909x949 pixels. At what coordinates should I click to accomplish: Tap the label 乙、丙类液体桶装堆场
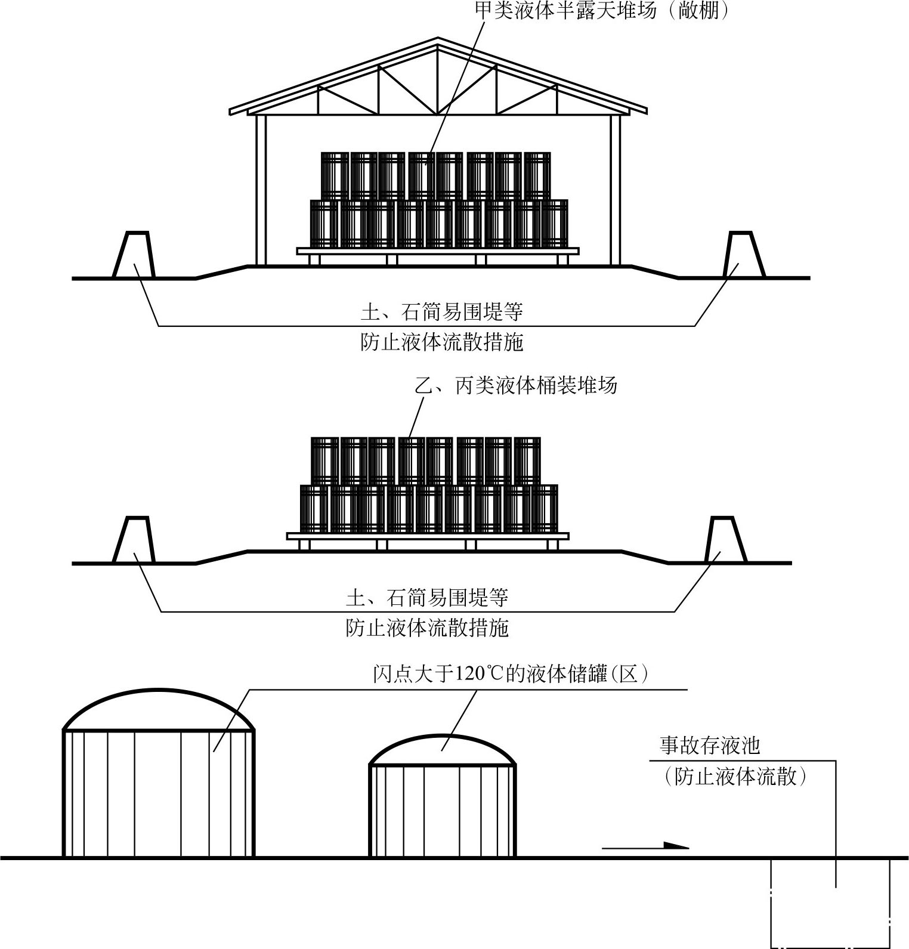pyautogui.click(x=516, y=385)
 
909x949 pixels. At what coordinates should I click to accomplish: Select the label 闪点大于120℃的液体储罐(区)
pyautogui.click(x=511, y=673)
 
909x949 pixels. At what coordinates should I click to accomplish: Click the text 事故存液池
pyautogui.click(x=709, y=745)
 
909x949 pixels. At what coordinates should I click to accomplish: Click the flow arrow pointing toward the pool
pyautogui.click(x=645, y=845)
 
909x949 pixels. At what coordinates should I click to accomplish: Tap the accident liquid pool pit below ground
pyautogui.click(x=830, y=901)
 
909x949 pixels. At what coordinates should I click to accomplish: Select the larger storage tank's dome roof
pyautogui.click(x=159, y=710)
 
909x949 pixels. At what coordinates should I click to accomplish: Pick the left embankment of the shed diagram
pyautogui.click(x=134, y=255)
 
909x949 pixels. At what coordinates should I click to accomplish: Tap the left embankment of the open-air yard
pyautogui.click(x=134, y=540)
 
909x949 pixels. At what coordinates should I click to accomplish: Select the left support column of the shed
pyautogui.click(x=261, y=189)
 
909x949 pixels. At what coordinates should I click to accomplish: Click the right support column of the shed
pyautogui.click(x=616, y=189)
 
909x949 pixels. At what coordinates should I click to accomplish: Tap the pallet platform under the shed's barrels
pyautogui.click(x=438, y=252)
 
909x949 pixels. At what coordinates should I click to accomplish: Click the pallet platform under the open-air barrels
pyautogui.click(x=428, y=536)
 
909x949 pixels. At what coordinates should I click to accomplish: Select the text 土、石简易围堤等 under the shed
pyautogui.click(x=442, y=311)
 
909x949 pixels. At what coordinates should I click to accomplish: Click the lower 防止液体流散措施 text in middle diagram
pyautogui.click(x=427, y=628)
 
